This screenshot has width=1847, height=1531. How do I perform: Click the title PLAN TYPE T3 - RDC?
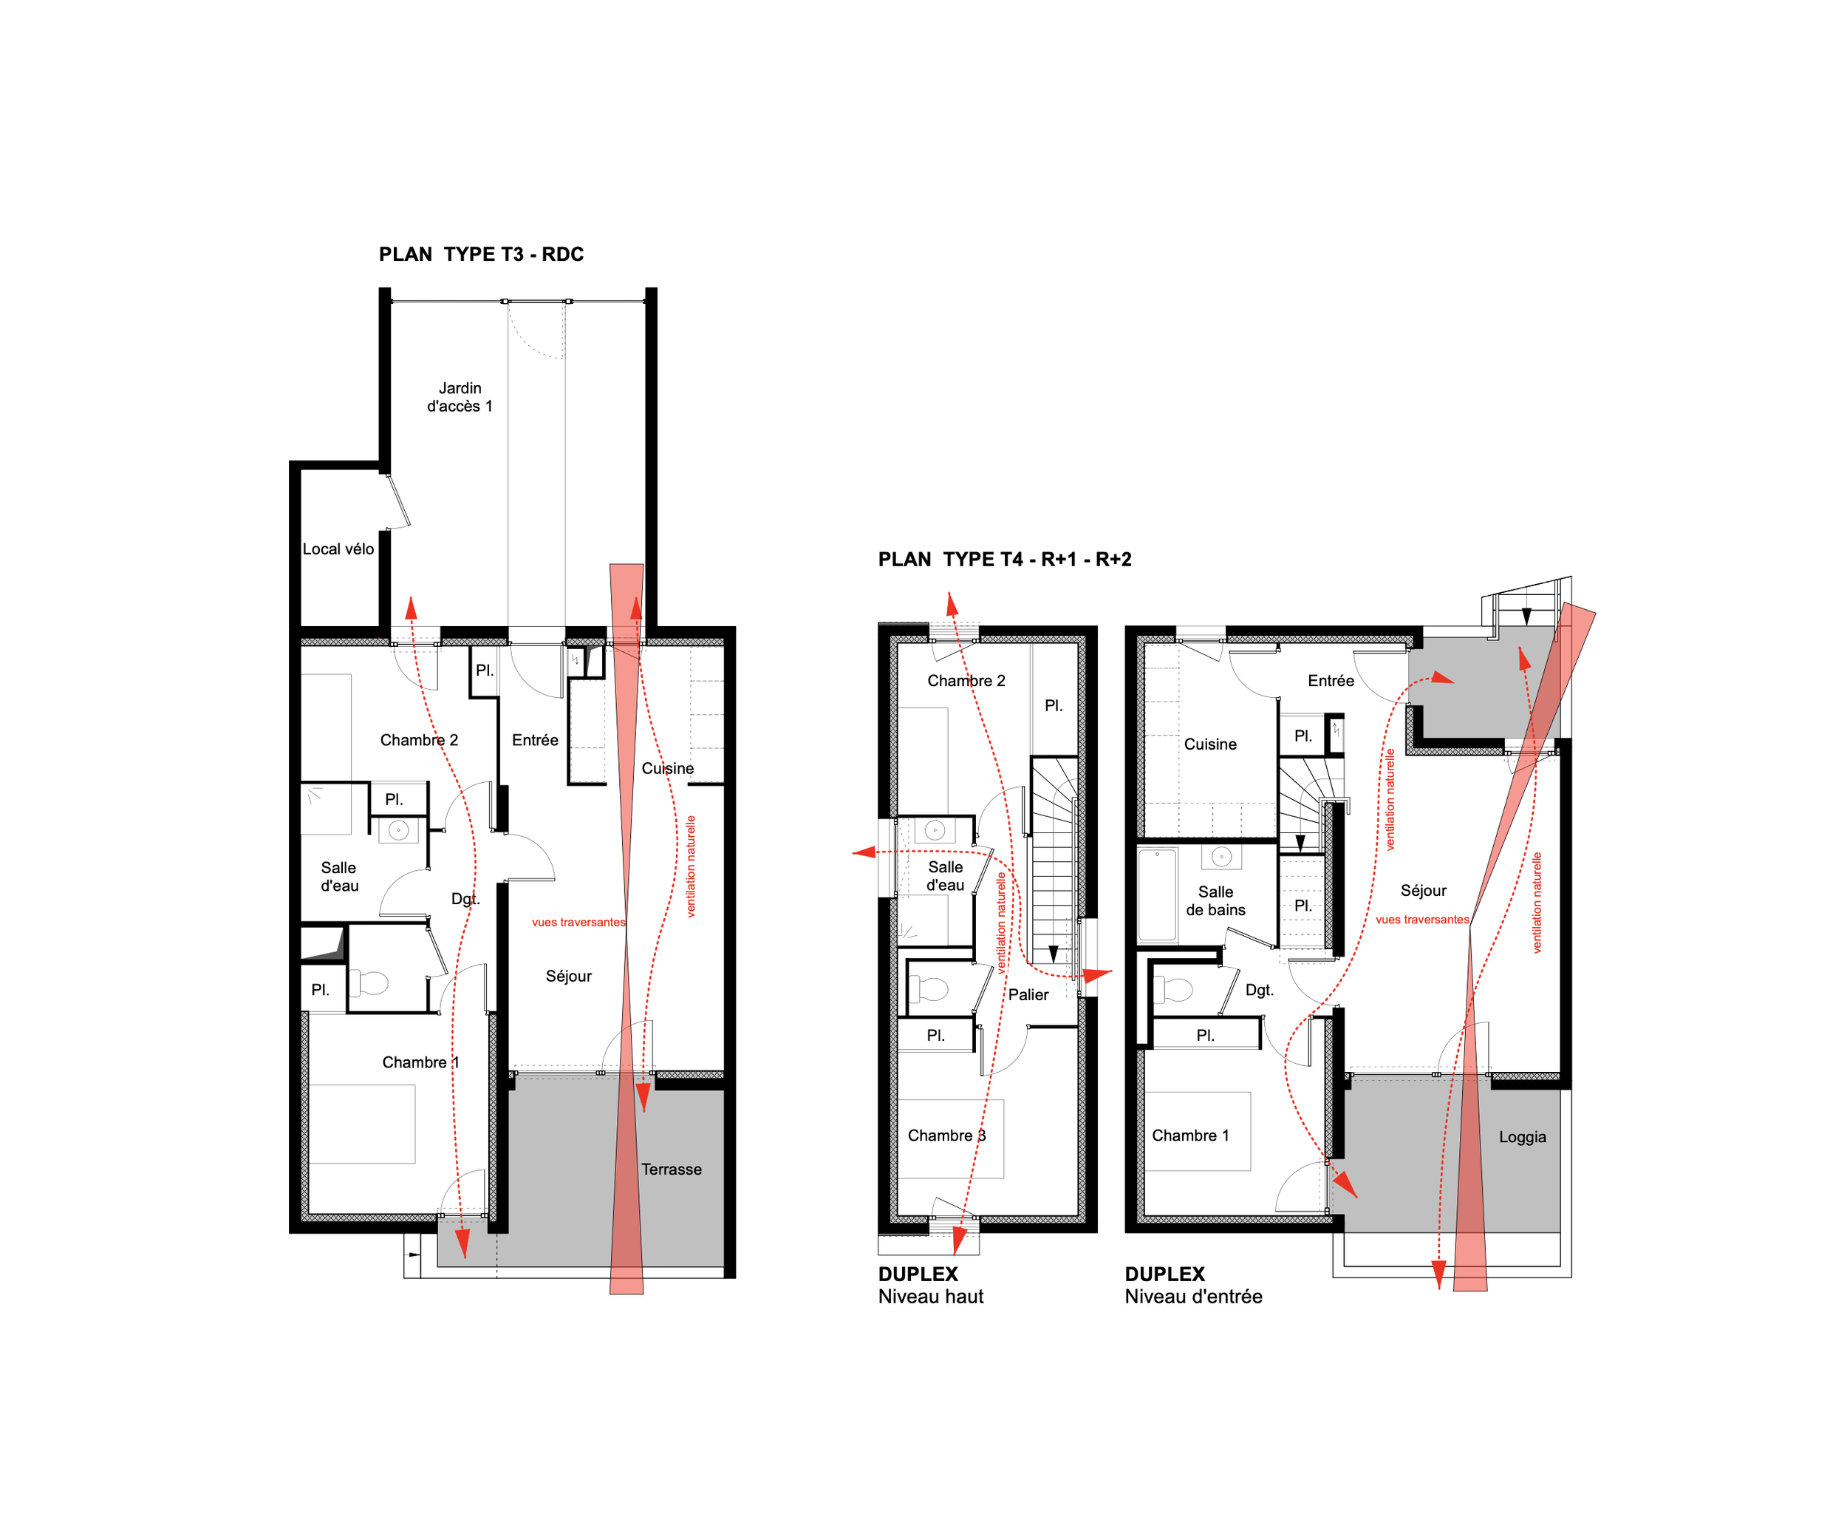pos(481,254)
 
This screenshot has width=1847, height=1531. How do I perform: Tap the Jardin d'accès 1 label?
pos(460,397)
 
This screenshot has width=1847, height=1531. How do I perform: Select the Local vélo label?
pos(338,549)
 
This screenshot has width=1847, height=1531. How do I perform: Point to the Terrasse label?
pos(671,1170)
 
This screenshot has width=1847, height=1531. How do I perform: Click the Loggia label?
pos(1523,1137)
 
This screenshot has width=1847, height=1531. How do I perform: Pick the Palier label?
pos(1028,994)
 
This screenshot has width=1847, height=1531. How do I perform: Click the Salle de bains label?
pos(1215,901)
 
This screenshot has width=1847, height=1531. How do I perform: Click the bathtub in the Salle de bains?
pos(1158,895)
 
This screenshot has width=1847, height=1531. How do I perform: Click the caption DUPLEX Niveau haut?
pos(931,1285)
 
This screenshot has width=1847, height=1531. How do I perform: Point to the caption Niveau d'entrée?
pos(1193,1296)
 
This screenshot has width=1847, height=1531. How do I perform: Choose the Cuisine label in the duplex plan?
pos(1210,744)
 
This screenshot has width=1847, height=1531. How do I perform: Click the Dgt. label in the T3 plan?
pos(465,898)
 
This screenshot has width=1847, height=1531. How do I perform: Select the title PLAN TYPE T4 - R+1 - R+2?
pos(1005,560)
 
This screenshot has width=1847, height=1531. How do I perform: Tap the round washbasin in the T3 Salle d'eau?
pos(398,829)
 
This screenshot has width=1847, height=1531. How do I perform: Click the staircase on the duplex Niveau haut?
pos(1054,866)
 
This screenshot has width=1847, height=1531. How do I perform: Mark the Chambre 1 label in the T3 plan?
pos(420,1062)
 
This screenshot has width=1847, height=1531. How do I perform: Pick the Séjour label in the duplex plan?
pos(1423,891)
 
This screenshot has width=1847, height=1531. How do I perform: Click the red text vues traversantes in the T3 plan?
pos(578,922)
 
